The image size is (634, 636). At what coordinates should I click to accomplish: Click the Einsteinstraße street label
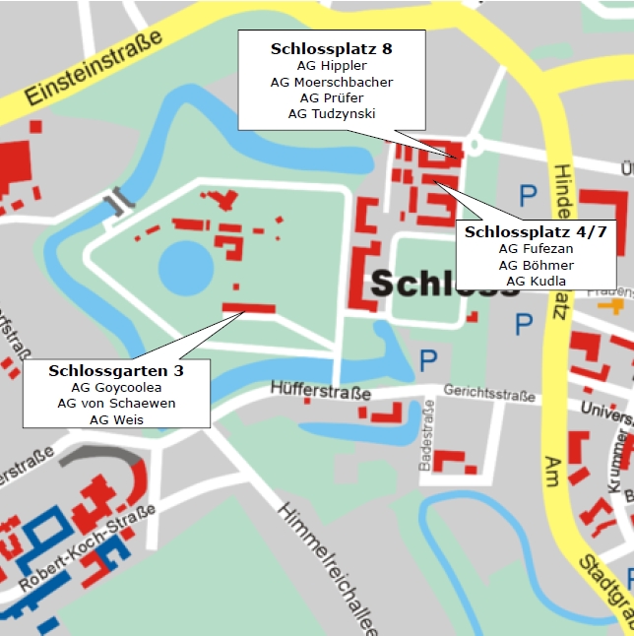(93, 69)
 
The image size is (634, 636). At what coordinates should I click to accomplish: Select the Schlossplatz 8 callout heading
(332, 47)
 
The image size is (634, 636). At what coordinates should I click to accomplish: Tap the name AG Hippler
(332, 65)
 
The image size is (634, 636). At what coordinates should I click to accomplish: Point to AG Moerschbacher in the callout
(332, 82)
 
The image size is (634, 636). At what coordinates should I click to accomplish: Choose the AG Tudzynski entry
(332, 113)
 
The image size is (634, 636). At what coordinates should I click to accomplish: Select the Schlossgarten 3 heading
(116, 371)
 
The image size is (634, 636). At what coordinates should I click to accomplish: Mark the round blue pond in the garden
(185, 267)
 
